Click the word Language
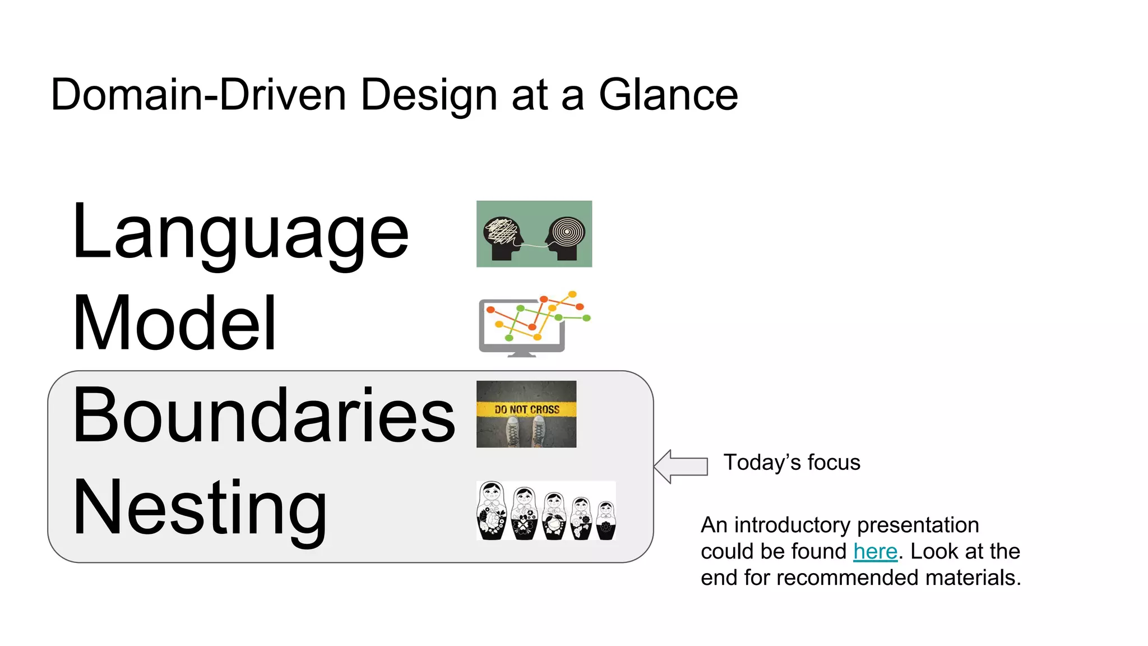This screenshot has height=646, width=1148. click(x=241, y=233)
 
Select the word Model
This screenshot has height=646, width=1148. click(x=174, y=324)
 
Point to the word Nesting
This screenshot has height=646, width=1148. click(x=200, y=507)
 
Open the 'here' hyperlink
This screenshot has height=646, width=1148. click(x=875, y=552)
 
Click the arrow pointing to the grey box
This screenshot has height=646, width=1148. click(x=681, y=466)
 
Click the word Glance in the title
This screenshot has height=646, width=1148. click(x=668, y=95)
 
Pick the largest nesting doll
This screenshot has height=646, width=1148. click(x=492, y=511)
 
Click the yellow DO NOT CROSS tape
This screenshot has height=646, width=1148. click(x=526, y=409)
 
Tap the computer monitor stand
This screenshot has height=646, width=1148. click(x=522, y=354)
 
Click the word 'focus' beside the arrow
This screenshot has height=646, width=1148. click(x=834, y=463)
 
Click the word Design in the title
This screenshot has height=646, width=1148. click(x=429, y=95)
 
